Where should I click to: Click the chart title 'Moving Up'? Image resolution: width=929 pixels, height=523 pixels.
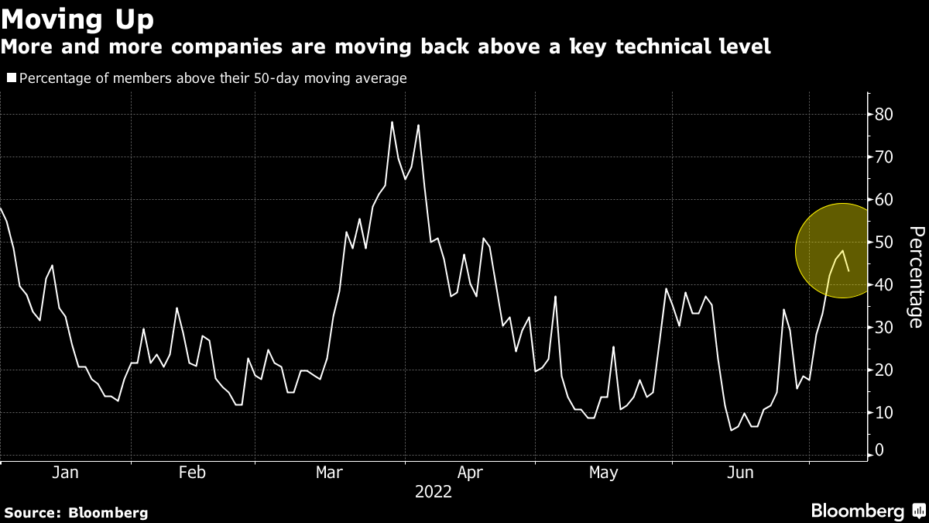click(77, 19)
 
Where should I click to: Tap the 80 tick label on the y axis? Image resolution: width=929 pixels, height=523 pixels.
click(885, 115)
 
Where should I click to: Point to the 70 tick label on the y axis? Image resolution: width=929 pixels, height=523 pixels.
click(885, 157)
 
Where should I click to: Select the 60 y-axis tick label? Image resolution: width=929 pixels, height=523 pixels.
click(885, 200)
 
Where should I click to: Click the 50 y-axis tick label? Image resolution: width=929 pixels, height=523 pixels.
click(885, 243)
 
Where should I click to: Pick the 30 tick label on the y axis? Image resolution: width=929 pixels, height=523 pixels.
click(885, 328)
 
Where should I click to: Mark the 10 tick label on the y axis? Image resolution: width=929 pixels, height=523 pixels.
click(885, 413)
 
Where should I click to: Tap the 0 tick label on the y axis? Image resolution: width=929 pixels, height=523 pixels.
click(880, 450)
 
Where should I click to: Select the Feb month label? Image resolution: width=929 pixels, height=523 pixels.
click(191, 473)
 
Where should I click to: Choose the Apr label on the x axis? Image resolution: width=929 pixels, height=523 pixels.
click(471, 473)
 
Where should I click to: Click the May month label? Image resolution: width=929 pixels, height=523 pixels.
click(603, 473)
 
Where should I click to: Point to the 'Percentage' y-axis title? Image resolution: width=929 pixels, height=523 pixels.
click(915, 277)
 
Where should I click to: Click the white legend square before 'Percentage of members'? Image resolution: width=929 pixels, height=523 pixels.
click(11, 78)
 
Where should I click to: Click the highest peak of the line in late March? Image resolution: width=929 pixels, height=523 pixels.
click(392, 122)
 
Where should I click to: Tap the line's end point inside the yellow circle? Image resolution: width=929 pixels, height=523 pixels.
click(849, 270)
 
